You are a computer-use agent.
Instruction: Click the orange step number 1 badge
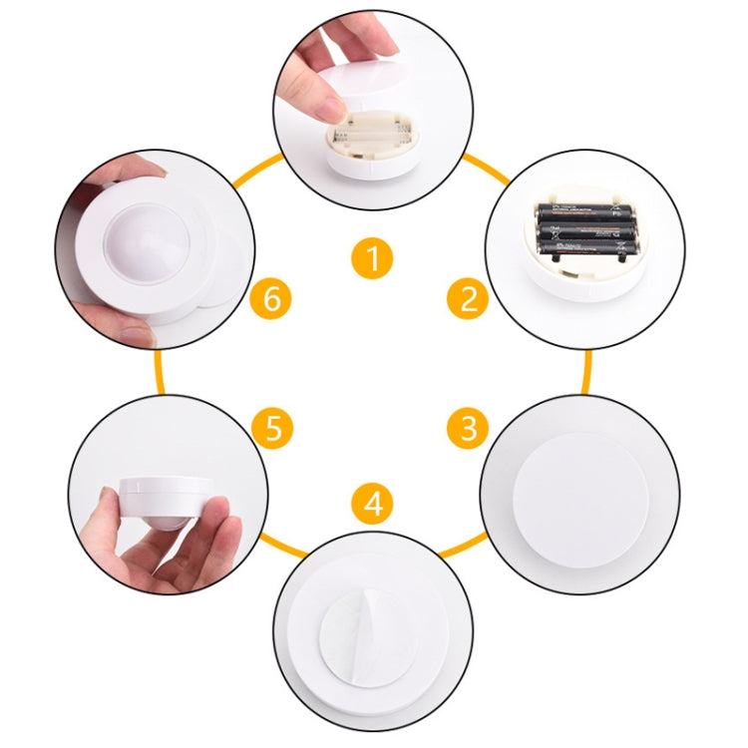pyautogui.click(x=372, y=259)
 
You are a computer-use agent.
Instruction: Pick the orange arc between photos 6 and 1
pyautogui.click(x=255, y=170)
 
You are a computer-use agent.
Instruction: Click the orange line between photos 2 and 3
pyautogui.click(x=585, y=369)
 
